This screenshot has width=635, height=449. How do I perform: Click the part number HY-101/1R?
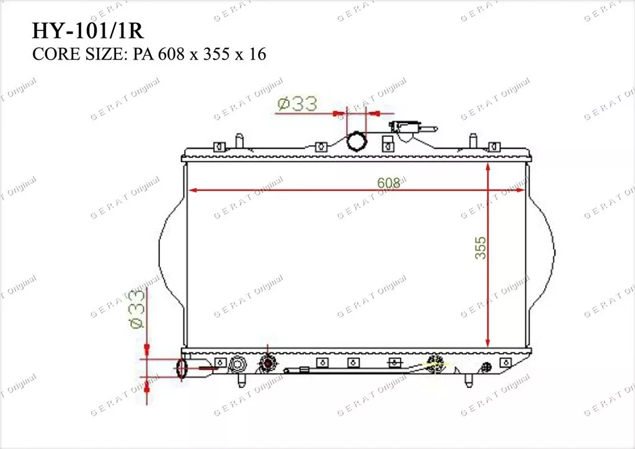coord(87,30)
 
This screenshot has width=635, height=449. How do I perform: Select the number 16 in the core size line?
coord(257,54)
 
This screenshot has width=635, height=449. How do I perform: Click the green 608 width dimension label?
coord(388,183)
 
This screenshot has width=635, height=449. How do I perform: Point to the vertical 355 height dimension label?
coord(481,248)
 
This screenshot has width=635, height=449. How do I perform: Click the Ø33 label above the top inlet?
coord(298,104)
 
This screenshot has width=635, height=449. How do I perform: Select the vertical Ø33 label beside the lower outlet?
coord(137,309)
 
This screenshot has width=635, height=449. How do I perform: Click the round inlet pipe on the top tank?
coord(357,141)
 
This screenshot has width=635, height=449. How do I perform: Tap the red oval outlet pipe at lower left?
coord(182,369)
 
